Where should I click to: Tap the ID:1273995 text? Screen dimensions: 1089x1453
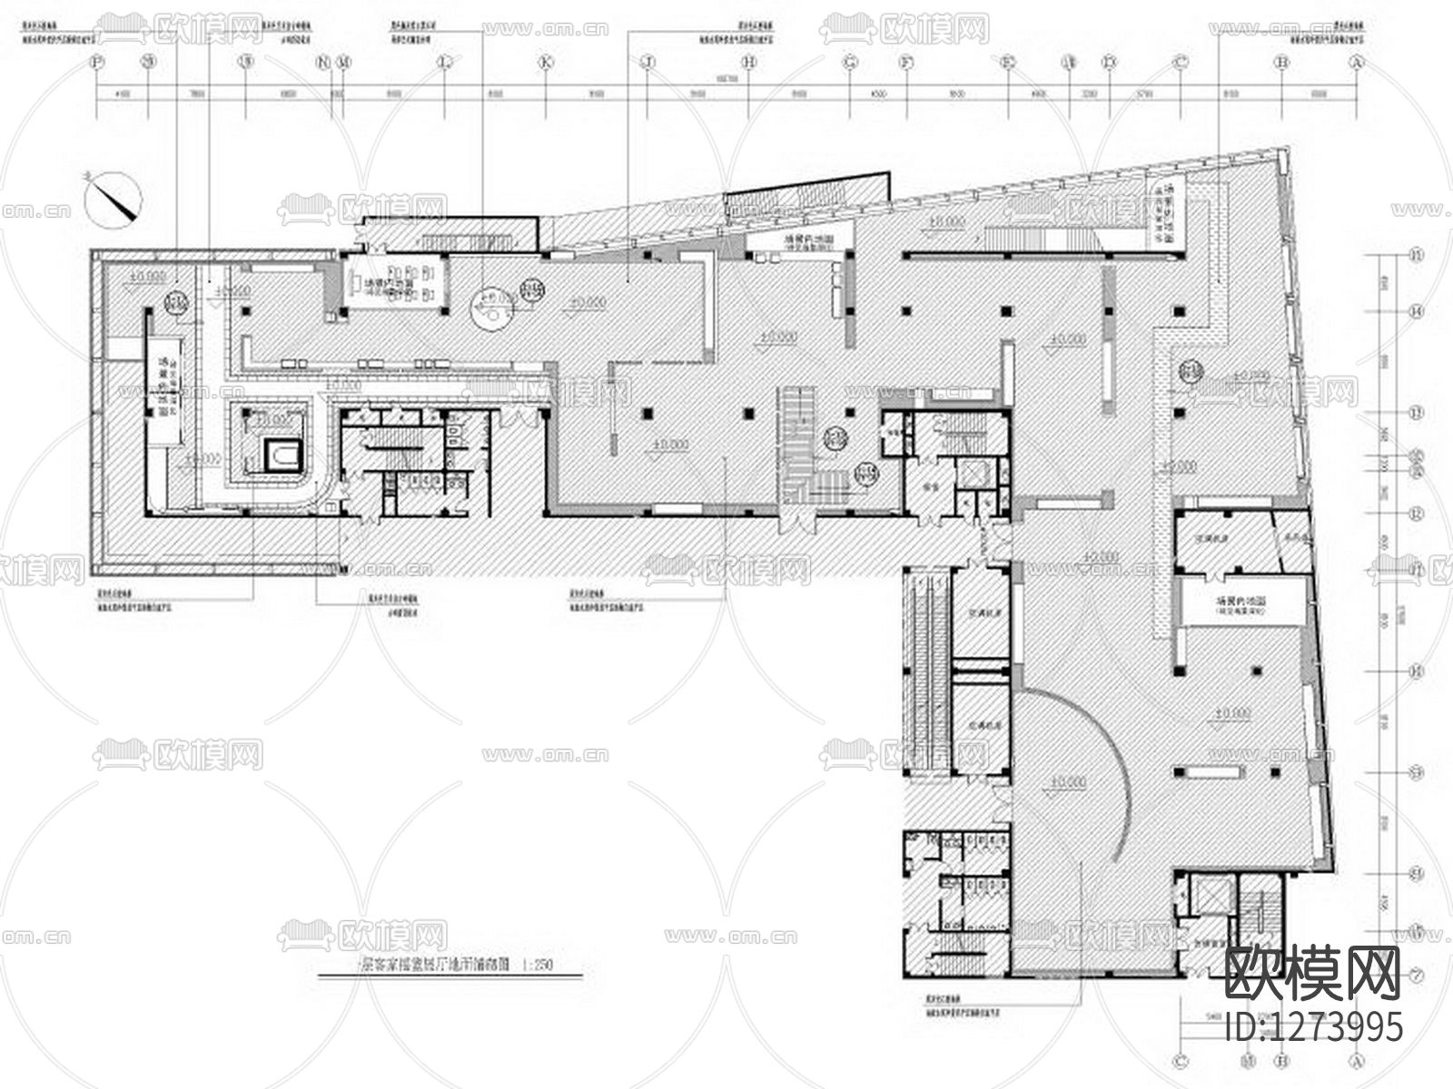pos(1313,1027)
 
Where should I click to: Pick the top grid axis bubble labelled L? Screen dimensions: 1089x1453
pos(444,63)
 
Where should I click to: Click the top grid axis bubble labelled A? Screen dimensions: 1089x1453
pos(1358,63)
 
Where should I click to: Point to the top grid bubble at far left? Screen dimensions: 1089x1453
pos(97,63)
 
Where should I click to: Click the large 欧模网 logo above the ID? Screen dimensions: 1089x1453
pos(1313,973)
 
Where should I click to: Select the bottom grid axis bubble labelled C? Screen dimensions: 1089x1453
pos(1181,1059)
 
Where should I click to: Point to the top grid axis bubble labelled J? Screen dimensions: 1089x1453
pos(647,63)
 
